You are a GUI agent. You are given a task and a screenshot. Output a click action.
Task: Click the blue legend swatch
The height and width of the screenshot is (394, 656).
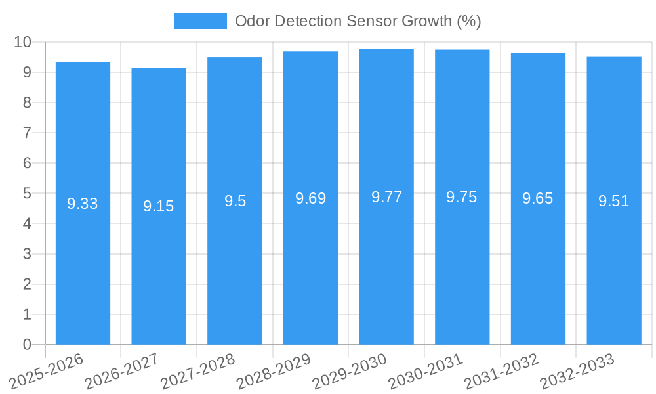[200, 21]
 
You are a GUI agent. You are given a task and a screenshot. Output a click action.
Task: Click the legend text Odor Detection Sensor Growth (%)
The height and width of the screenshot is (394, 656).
[358, 21]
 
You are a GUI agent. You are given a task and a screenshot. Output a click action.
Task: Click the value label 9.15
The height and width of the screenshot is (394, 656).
[159, 206]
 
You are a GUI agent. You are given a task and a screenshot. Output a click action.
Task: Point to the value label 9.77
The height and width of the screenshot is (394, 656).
[386, 197]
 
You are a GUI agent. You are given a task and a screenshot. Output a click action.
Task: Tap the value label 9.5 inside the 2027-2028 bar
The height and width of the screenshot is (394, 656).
[235, 201]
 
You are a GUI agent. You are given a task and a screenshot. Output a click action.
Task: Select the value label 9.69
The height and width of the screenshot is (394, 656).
[310, 198]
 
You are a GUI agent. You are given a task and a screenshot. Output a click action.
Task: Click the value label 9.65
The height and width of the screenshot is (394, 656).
[538, 199]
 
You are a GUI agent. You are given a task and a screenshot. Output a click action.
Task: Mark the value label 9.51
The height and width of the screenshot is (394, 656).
[614, 201]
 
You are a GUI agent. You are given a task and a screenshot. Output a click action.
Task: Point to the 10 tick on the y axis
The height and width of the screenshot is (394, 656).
[23, 42]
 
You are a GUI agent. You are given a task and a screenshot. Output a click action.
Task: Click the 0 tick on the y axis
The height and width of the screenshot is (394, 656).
[27, 345]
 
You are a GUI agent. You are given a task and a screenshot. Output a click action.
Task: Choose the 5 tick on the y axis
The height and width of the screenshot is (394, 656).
[27, 194]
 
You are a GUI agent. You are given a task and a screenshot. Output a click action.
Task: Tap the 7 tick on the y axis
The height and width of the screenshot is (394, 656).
[27, 133]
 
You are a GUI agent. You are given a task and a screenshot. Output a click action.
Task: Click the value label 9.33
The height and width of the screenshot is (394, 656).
[83, 204]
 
